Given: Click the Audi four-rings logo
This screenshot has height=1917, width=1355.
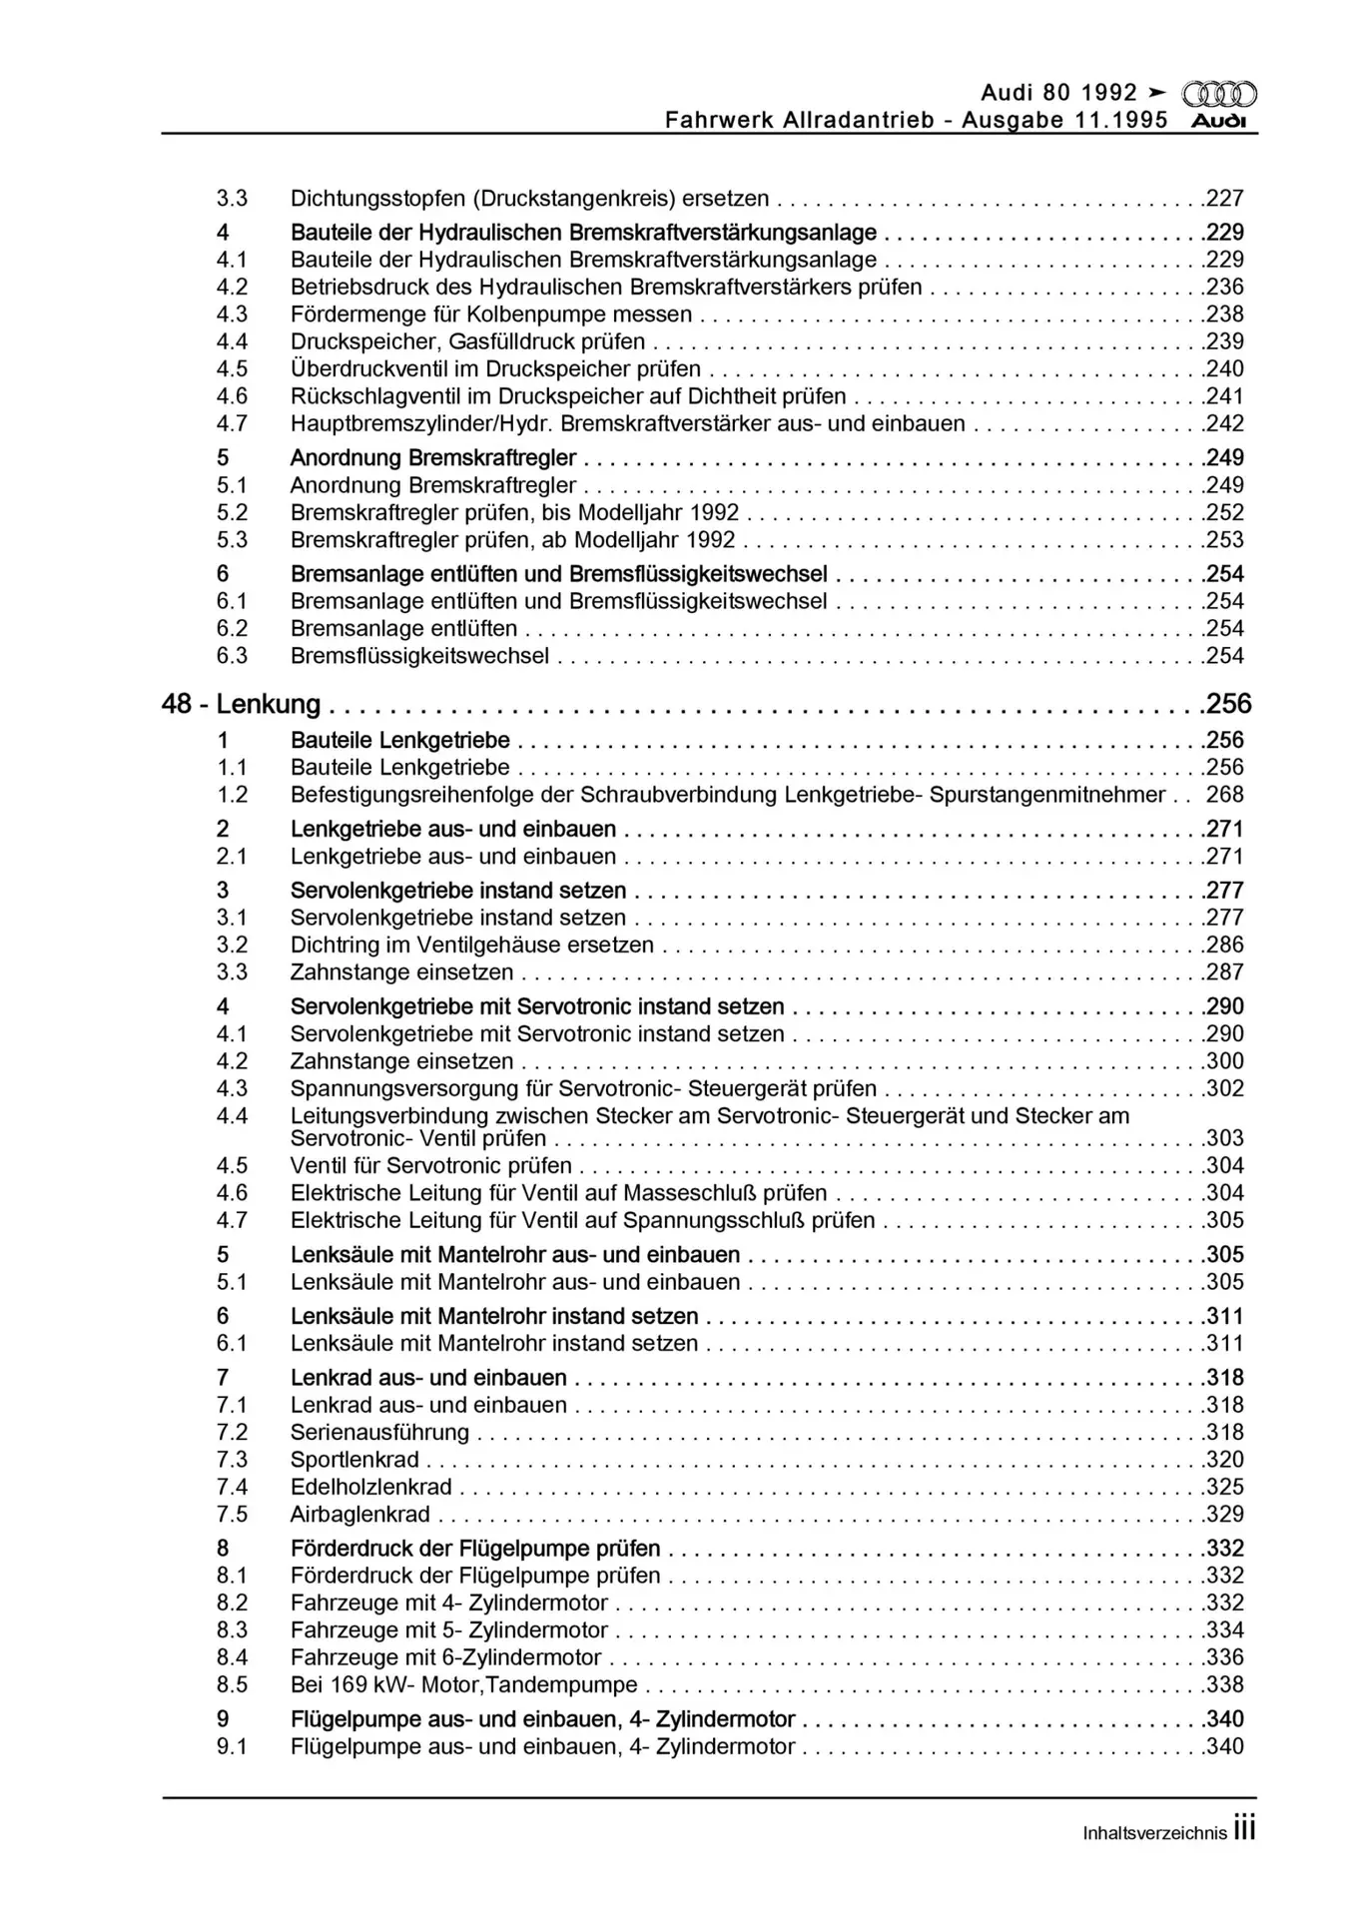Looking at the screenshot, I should [x=1218, y=95].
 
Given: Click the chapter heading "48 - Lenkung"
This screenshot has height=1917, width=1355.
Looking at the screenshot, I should [x=241, y=705].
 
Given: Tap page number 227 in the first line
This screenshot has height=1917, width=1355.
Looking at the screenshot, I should [x=1225, y=199].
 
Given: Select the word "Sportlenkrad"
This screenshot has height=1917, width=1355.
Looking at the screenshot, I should [x=354, y=1460].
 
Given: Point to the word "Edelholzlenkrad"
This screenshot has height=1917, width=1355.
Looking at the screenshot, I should [x=370, y=1487].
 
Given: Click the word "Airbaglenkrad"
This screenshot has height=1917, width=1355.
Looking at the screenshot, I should [x=359, y=1515].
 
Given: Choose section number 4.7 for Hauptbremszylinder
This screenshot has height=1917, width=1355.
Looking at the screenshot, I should [x=232, y=423].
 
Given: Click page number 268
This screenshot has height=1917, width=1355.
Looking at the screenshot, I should [x=1225, y=795].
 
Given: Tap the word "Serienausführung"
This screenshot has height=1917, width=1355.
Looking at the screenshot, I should [x=379, y=1432].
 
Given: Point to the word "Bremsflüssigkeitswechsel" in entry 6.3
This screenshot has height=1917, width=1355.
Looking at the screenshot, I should [x=419, y=656].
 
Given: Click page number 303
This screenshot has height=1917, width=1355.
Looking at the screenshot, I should [x=1225, y=1138].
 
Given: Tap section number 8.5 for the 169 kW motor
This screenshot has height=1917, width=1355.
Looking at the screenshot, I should [x=232, y=1684].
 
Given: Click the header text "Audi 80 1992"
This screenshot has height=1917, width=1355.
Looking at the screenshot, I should [x=1058, y=93].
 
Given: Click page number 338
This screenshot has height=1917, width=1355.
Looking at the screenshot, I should [x=1225, y=1684].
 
